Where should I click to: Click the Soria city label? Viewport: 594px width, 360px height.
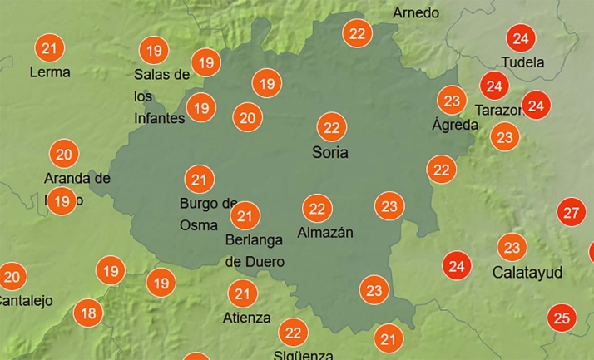click(329, 153)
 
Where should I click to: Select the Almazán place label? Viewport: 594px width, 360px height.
click(325, 233)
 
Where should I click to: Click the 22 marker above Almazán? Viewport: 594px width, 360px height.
click(316, 208)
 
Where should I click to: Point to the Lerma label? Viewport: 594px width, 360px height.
click(50, 72)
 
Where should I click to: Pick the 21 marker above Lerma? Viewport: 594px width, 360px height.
click(49, 48)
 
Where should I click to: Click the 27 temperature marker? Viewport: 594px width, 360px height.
click(571, 212)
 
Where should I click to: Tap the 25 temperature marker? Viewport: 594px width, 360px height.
click(562, 317)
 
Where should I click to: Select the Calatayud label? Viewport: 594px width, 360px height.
click(527, 273)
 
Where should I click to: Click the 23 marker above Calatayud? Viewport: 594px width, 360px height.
click(512, 248)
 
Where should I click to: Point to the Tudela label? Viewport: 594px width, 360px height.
click(523, 62)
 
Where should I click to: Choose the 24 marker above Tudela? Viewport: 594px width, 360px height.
click(521, 38)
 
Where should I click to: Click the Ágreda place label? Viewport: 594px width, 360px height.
click(455, 125)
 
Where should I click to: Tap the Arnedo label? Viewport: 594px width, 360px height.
click(416, 13)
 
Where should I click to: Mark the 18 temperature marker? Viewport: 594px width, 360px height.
click(87, 313)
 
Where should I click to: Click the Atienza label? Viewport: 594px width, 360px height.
click(246, 318)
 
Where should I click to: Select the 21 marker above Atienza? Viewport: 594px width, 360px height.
click(242, 293)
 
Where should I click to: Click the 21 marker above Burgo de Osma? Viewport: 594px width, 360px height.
click(199, 179)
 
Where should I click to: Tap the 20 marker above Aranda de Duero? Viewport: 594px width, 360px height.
click(64, 154)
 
